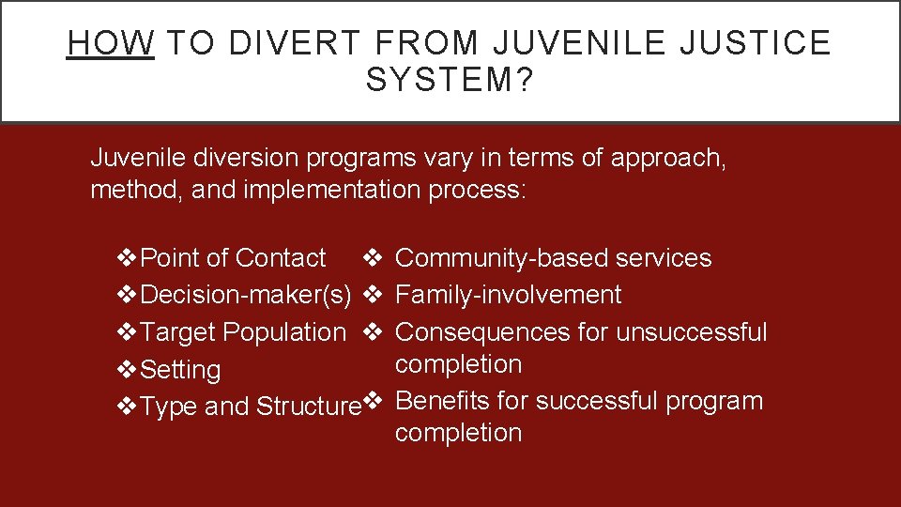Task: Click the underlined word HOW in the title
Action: tap(111, 43)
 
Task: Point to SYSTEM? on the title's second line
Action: tap(450, 80)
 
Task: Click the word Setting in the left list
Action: tap(179, 370)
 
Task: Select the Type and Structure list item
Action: tap(250, 407)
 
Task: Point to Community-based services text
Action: tap(554, 258)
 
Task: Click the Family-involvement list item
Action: tap(508, 295)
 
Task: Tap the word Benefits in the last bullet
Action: tap(442, 401)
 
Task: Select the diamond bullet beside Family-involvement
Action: tap(371, 295)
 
